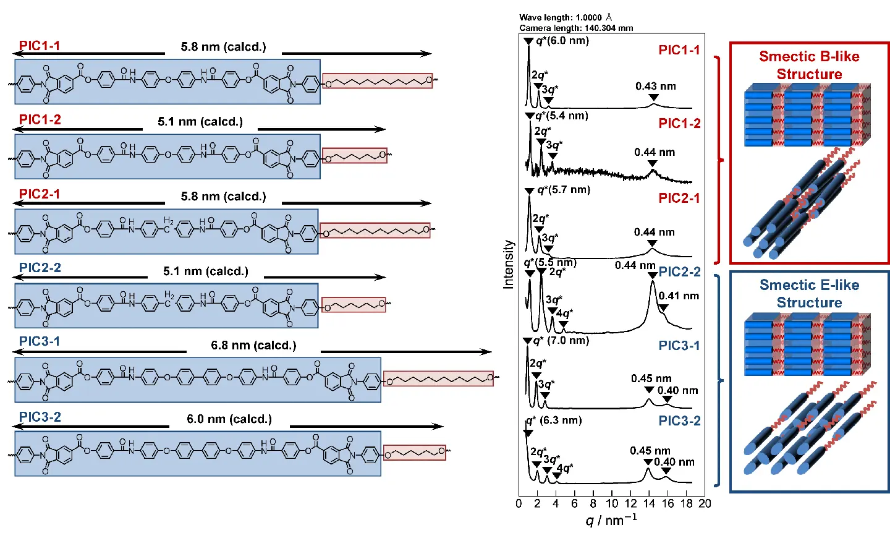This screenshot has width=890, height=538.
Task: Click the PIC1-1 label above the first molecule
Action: click(x=40, y=46)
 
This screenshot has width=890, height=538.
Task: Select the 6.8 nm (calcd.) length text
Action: click(x=253, y=345)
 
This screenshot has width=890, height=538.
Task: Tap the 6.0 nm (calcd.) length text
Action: click(x=229, y=419)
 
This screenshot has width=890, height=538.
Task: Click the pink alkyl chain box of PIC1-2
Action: click(x=355, y=156)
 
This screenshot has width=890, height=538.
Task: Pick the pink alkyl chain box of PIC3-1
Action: click(x=438, y=378)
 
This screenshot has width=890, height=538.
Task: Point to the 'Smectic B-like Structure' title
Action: click(x=809, y=65)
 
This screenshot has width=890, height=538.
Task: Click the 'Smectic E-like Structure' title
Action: click(x=809, y=294)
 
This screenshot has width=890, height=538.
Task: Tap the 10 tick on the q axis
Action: click(x=611, y=503)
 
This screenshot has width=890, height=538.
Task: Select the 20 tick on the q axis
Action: click(x=705, y=503)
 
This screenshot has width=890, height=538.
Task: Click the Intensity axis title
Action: click(x=509, y=265)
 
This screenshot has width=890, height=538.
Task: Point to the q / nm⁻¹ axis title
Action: click(x=611, y=520)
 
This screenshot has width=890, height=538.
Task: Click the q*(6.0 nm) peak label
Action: click(x=562, y=41)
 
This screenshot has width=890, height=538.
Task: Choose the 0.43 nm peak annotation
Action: click(x=655, y=86)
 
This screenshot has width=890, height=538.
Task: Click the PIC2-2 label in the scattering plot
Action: click(x=679, y=272)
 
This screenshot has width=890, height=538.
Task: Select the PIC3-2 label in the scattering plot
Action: click(x=679, y=421)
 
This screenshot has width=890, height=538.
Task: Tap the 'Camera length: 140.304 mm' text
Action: click(x=576, y=28)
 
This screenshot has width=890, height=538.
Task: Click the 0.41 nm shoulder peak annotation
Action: click(x=679, y=296)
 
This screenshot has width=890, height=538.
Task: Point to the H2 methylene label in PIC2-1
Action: click(x=169, y=221)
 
